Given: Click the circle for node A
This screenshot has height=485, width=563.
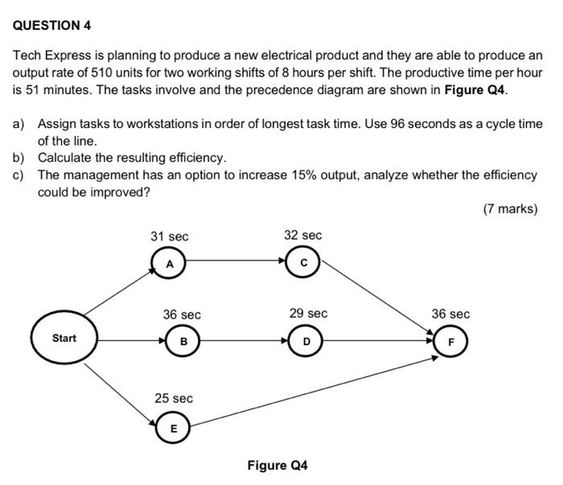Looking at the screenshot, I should point(169,263).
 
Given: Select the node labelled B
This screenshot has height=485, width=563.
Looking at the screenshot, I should point(183,342).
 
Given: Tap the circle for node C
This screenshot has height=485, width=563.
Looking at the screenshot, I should point(303,262).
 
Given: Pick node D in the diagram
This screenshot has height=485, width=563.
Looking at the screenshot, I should point(306,342).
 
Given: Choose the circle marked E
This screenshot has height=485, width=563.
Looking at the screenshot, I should point(173,429).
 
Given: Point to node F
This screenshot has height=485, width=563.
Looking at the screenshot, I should point(451,342).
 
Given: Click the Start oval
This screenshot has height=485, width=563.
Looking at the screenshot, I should point(64,339).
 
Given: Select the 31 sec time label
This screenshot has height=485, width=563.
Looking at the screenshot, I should point(169,236).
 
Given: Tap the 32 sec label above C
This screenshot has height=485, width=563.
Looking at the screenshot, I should point(302,235).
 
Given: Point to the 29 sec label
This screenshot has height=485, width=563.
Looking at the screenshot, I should point(308,313).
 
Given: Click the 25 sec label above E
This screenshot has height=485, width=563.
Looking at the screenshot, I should point(174,398).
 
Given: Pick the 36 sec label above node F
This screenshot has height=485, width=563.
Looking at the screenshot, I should point(450,314).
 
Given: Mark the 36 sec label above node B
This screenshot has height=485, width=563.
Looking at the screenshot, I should point(182,314).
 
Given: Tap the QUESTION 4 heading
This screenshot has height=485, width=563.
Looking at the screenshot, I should point(52,25).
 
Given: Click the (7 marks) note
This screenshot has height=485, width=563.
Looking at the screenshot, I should point(510,209).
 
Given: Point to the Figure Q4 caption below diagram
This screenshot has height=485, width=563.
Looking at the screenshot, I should point(277,466).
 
